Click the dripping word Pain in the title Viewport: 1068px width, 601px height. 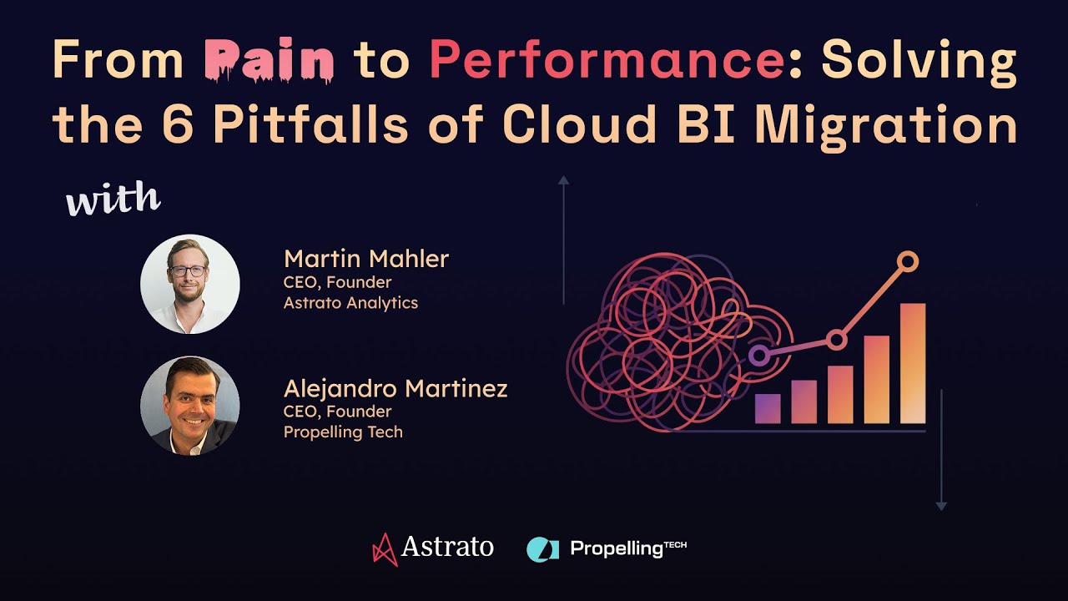[x=270, y=60]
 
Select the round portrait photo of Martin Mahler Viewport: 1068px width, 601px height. [x=190, y=284]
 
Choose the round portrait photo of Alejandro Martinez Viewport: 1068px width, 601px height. [x=190, y=406]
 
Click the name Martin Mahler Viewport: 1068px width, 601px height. [x=365, y=259]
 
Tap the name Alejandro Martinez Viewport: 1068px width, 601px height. [x=395, y=388]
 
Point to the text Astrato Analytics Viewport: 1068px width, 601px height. [x=350, y=303]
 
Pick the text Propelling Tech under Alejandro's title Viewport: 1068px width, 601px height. [x=343, y=432]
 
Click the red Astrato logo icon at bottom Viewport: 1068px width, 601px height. [x=384, y=548]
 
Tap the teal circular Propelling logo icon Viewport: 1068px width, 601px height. [x=542, y=548]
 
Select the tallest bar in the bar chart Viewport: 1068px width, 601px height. [x=913, y=363]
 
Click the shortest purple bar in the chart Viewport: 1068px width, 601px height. [x=768, y=408]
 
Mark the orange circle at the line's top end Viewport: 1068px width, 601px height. [x=908, y=262]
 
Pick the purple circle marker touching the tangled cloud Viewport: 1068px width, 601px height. [x=758, y=356]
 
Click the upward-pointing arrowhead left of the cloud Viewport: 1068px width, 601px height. [x=564, y=179]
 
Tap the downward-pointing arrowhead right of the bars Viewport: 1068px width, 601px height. [x=941, y=506]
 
